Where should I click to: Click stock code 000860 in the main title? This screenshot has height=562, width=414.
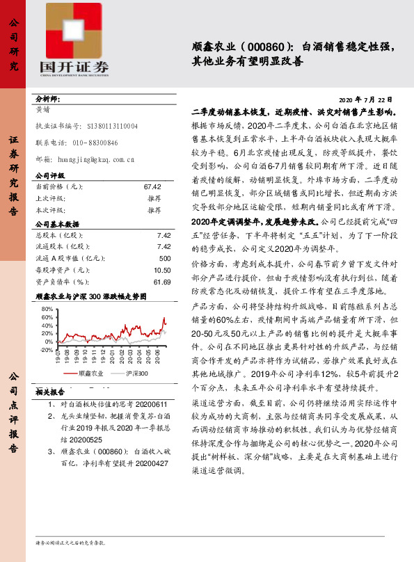coord(264,47)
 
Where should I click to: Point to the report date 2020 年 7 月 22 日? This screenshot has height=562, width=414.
coord(369,100)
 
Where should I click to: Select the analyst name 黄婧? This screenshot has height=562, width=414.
coord(42,109)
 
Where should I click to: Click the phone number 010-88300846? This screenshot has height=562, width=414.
coord(95,143)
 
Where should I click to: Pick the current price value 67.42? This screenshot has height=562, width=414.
coord(152,187)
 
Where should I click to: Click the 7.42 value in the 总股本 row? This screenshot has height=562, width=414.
coord(164,235)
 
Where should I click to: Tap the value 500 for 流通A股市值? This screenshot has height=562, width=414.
coord(165,259)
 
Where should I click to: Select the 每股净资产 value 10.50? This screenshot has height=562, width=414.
coord(161,270)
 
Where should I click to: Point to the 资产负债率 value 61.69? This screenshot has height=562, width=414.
coord(161,282)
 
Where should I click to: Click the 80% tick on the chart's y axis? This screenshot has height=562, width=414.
coord(46,308)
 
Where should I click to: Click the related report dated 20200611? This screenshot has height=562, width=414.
coord(104,404)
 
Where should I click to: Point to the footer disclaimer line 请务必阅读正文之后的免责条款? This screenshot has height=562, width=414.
coord(70,541)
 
